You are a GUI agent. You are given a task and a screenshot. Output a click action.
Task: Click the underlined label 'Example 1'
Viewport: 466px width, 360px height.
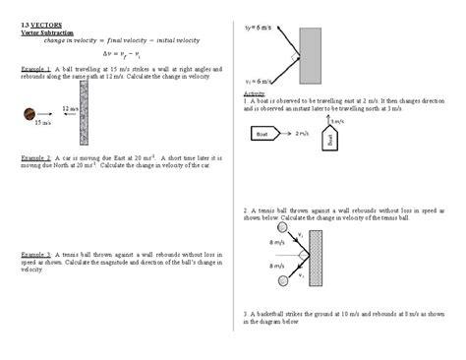35,69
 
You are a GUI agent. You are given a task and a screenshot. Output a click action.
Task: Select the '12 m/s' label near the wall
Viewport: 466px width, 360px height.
69,107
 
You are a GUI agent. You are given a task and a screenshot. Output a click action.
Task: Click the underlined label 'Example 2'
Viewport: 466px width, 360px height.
35,157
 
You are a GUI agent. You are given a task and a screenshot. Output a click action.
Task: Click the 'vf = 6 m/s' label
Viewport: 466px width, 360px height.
258,28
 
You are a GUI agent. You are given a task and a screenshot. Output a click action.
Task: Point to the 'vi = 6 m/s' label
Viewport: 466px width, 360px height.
258,82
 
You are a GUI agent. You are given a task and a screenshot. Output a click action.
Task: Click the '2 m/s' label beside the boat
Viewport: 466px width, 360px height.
304,132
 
